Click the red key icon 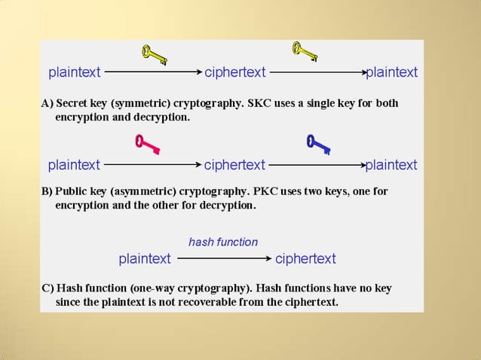click(147, 143)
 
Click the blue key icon click(319, 143)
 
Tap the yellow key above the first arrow click(154, 53)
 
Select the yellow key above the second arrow click(305, 51)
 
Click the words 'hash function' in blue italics click(223, 242)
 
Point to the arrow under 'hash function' click(223, 258)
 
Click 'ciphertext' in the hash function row click(305, 258)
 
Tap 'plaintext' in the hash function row click(145, 258)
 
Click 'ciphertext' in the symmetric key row click(235, 72)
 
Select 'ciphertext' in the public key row click(234, 164)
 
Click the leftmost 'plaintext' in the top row click(75, 72)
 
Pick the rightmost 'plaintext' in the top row click(391, 72)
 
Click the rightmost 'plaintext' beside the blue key click(391, 164)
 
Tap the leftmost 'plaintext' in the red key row click(74, 164)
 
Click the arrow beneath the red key click(153, 164)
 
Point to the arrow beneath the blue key click(317, 164)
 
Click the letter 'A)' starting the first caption click(47, 103)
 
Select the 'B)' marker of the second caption click(47, 191)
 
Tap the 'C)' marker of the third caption click(47, 288)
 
